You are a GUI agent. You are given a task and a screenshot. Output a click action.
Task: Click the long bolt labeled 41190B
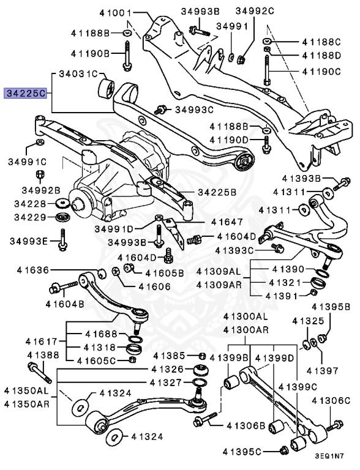point(127,55)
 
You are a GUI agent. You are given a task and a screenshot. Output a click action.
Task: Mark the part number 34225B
point(217,192)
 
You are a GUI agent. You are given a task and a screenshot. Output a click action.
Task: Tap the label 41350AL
point(26,390)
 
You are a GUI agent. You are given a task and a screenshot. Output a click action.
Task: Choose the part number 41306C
point(331,400)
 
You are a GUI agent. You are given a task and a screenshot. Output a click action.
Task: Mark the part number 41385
point(173,356)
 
